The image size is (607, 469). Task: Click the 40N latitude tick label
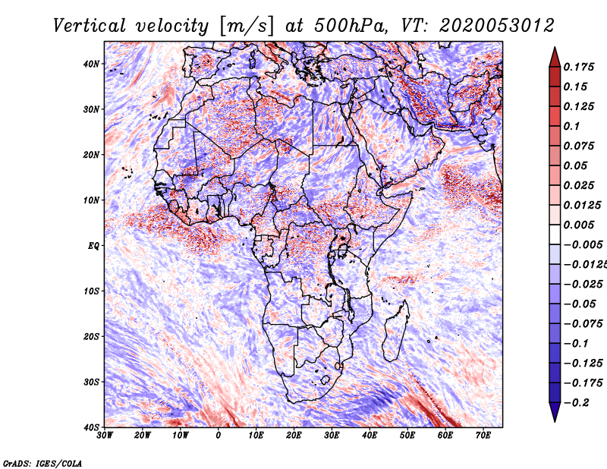tap(91, 64)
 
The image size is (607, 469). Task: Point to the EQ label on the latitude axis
tap(93, 246)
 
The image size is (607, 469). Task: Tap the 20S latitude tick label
tap(91, 336)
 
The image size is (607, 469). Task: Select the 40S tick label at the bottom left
tap(91, 427)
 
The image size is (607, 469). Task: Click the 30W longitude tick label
tap(105, 436)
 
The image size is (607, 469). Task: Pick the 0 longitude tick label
tap(219, 436)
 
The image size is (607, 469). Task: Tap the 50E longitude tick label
tap(407, 436)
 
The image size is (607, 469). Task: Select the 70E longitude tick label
tap(483, 436)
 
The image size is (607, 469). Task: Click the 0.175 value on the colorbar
tap(579, 67)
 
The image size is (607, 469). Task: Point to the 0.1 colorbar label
tap(572, 126)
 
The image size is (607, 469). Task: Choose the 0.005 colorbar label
tap(579, 225)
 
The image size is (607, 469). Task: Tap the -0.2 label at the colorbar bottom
tap(577, 403)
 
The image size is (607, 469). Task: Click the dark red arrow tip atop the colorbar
tap(555, 48)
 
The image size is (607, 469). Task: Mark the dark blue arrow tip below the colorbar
tap(555, 420)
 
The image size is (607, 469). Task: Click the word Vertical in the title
tap(90, 26)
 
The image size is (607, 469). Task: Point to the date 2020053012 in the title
tap(497, 26)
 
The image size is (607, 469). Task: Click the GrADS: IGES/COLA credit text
tap(42, 464)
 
